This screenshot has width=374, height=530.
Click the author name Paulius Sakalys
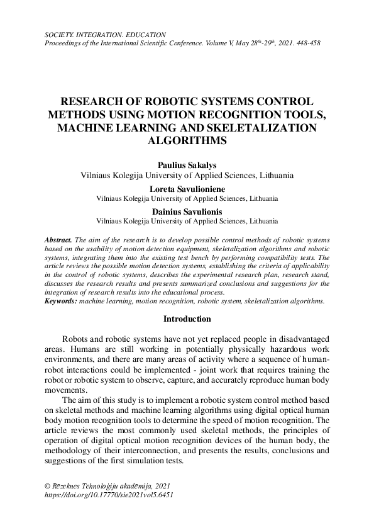click(x=187, y=164)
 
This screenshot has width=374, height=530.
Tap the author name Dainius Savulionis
click(x=187, y=211)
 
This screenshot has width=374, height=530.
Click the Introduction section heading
click(x=187, y=319)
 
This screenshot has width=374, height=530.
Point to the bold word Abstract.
click(x=59, y=240)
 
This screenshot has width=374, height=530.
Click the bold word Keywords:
click(x=61, y=302)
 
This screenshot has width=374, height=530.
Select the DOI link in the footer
click(x=106, y=495)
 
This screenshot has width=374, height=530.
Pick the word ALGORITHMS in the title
click(x=187, y=142)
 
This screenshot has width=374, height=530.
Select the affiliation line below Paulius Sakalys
click(x=187, y=175)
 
